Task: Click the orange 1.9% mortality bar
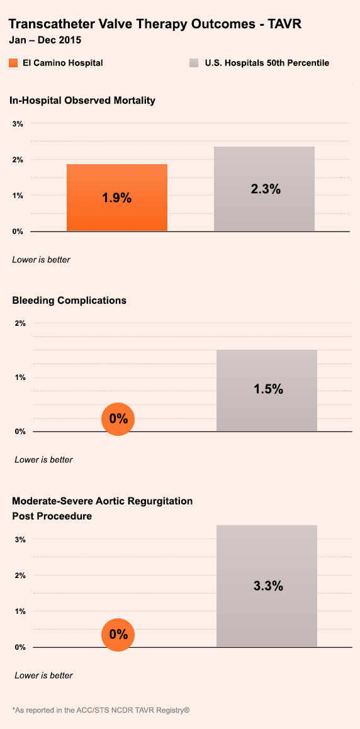pos(116,198)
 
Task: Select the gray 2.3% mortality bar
pos(264,189)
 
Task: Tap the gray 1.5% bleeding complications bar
pos(266,391)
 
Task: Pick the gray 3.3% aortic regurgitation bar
pos(266,586)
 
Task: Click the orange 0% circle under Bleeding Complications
pos(118,419)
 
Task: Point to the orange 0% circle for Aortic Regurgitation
pos(118,635)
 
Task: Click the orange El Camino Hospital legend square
pos(13,63)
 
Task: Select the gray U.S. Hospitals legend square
pos(194,63)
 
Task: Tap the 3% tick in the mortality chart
pos(18,124)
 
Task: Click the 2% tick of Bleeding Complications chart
pos(20,323)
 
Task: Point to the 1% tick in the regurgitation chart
pos(20,611)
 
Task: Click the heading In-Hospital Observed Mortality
pos(82,101)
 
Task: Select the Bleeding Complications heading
pos(69,300)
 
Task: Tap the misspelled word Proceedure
pos(66,516)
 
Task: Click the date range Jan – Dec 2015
pos(45,40)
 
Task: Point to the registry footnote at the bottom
pos(101,710)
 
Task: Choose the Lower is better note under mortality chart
pos(42,260)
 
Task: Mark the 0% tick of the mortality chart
pos(18,231)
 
